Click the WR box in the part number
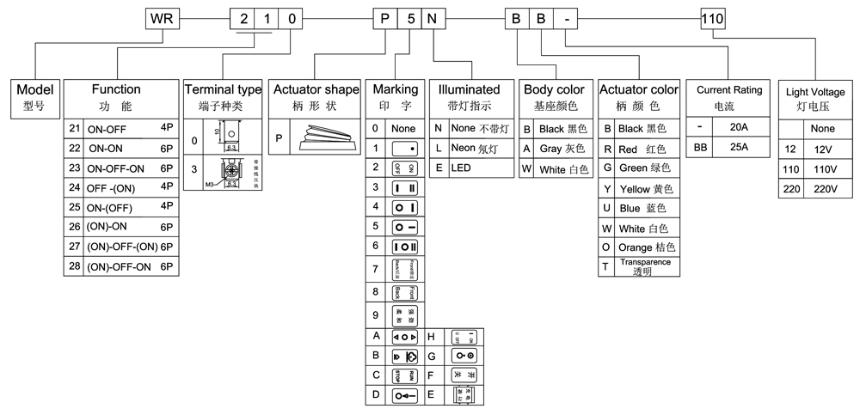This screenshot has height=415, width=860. pyautogui.click(x=160, y=18)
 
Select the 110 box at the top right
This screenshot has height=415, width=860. pyautogui.click(x=714, y=18)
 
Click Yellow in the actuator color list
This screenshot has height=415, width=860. pyautogui.click(x=645, y=188)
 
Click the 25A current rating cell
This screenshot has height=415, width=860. pyautogui.click(x=738, y=147)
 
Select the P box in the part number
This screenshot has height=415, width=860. pyautogui.click(x=384, y=18)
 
